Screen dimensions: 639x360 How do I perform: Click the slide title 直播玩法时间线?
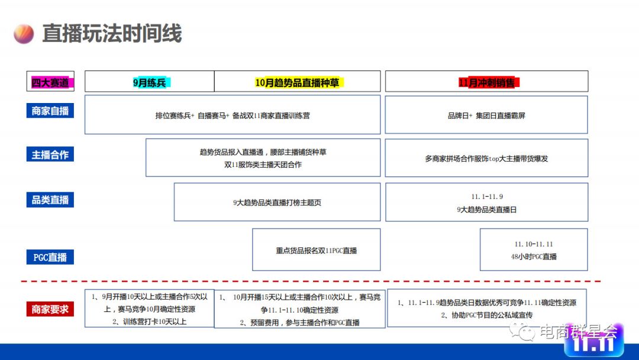112,33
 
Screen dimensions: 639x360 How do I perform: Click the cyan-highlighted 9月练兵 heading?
151,82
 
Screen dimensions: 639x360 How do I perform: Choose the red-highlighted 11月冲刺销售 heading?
488,82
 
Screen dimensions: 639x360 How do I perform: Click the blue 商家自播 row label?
50,111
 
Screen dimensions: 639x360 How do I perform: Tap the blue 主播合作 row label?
50,155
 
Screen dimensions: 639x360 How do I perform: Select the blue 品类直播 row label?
50,200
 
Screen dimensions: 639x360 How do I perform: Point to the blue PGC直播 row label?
50,258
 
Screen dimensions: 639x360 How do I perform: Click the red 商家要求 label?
50,308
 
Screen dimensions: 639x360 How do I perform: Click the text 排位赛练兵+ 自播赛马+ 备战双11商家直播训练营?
233,115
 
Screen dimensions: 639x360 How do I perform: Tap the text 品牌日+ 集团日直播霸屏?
486,115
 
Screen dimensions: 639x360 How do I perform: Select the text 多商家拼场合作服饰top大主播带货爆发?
486,159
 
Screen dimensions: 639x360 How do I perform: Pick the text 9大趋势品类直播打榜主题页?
277,202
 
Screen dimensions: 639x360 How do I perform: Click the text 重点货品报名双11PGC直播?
317,250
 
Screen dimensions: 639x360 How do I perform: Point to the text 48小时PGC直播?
534,257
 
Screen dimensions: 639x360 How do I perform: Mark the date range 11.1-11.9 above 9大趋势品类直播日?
487,197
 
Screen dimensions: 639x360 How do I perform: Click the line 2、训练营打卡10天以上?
150,322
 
